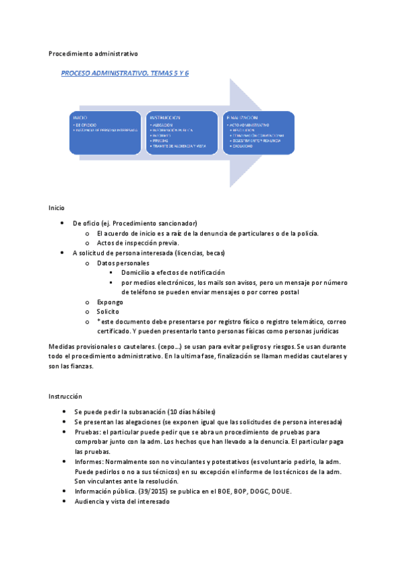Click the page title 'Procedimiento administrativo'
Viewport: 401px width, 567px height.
pos(94,54)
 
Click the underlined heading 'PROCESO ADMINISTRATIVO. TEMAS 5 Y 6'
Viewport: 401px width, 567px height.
pos(125,73)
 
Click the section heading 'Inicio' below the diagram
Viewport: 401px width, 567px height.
pos(57,208)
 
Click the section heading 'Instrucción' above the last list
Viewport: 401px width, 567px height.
pos(65,396)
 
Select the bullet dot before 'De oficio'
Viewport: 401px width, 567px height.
pos(62,223)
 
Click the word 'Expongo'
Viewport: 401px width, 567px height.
pos(110,302)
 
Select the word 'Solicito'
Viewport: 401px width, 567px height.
pos(108,312)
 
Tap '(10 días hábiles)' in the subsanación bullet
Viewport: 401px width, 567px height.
pos(191,411)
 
